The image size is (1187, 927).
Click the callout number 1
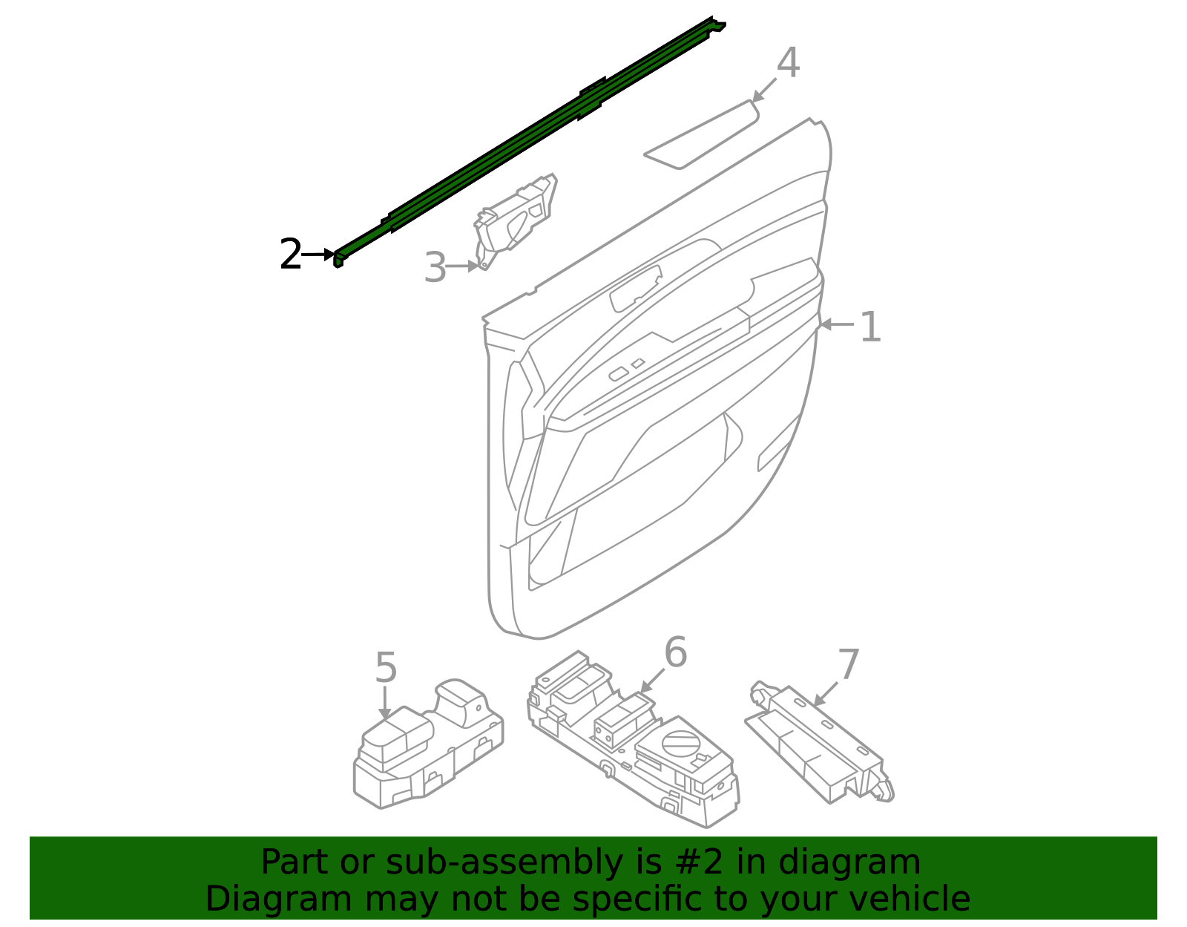[x=869, y=327]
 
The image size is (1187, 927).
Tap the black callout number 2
[x=290, y=255]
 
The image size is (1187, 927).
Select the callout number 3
[x=435, y=268]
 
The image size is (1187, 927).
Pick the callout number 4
[x=787, y=63]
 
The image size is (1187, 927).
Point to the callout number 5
[x=386, y=668]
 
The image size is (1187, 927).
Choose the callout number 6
[x=675, y=653]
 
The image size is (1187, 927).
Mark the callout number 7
[x=848, y=664]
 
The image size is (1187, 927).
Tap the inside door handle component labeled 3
[x=516, y=219]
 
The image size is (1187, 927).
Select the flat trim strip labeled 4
[x=701, y=134]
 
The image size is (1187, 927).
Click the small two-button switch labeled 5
[x=427, y=750]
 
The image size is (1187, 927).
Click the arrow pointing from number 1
[x=835, y=324]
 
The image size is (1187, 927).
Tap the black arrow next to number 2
[x=319, y=255]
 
